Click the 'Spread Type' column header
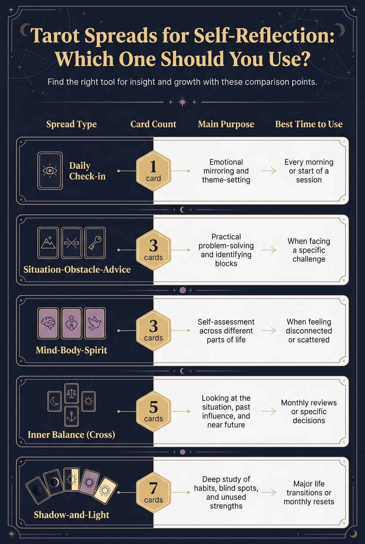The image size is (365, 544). (71, 124)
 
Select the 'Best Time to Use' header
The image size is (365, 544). (309, 124)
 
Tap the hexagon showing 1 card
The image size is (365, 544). (153, 171)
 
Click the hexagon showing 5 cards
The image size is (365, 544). (153, 411)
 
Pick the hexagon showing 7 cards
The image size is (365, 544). (153, 492)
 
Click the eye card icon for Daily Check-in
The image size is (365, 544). (50, 171)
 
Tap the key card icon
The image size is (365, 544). (95, 243)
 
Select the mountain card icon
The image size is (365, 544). (48, 243)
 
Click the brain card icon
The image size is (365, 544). (48, 323)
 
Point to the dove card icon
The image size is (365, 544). (95, 323)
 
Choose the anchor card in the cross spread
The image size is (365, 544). (71, 416)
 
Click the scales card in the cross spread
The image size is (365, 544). (71, 393)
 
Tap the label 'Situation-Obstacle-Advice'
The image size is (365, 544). (77, 269)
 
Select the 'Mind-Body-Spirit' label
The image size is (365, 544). (71, 350)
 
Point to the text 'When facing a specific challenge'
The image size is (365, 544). (309, 250)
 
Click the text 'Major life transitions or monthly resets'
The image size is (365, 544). (309, 492)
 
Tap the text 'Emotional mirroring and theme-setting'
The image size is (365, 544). (226, 171)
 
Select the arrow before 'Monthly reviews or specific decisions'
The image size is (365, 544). (269, 411)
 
